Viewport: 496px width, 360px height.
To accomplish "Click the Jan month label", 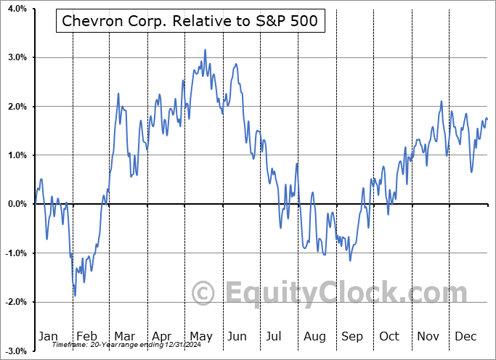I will tap(48, 336).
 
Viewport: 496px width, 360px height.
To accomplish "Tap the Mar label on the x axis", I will tap(123, 336).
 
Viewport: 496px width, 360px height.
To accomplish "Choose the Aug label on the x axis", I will tap(314, 336).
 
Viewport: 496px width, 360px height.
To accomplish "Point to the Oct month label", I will tap(389, 336).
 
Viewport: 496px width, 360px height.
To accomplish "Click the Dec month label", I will tap(465, 336).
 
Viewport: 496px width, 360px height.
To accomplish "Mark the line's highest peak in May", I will tap(206, 50).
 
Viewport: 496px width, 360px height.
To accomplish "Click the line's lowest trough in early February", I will tap(75, 295).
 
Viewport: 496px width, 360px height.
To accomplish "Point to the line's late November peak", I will tap(441, 102).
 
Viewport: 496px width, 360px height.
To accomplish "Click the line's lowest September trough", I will tap(350, 260).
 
